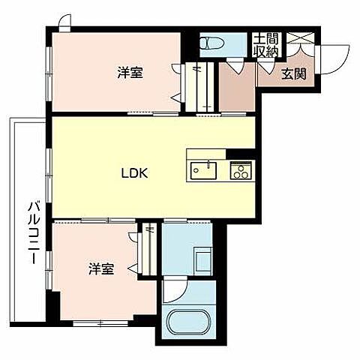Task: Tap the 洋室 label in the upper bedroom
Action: (130, 73)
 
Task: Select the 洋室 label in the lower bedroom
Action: (101, 268)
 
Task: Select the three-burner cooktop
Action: (240, 171)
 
